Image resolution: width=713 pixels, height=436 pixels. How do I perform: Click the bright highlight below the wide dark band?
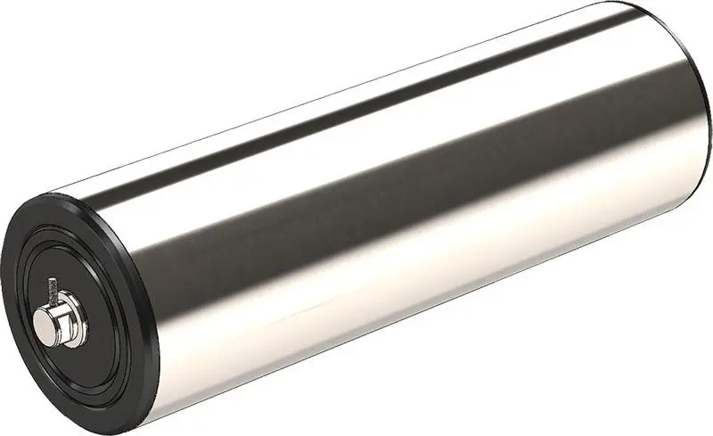[x=401, y=267]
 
